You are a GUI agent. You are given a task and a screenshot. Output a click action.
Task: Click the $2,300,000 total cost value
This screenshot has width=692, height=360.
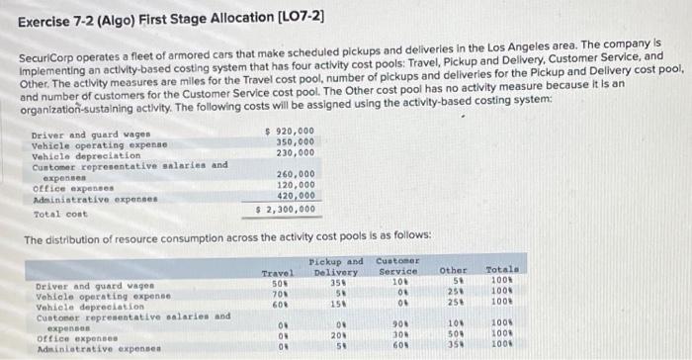[x=287, y=209]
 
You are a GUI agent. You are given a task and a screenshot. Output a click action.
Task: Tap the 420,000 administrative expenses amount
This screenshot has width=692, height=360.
[x=296, y=196]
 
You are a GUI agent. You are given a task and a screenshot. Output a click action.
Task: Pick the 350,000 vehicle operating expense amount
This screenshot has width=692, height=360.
[x=296, y=142]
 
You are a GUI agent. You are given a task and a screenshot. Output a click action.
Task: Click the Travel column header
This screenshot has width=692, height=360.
[x=277, y=272]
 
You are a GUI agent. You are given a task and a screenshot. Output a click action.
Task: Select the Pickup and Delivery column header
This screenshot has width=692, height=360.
[x=335, y=267]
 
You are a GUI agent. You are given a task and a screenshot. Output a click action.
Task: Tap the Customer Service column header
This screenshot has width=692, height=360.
[x=398, y=267]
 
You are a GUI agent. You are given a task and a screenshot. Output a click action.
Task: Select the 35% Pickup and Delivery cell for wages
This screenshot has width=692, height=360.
[x=335, y=284]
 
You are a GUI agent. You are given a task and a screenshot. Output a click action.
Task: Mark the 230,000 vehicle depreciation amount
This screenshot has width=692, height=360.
[x=296, y=153]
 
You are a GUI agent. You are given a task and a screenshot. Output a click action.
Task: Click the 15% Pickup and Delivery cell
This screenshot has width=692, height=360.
[x=335, y=304]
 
